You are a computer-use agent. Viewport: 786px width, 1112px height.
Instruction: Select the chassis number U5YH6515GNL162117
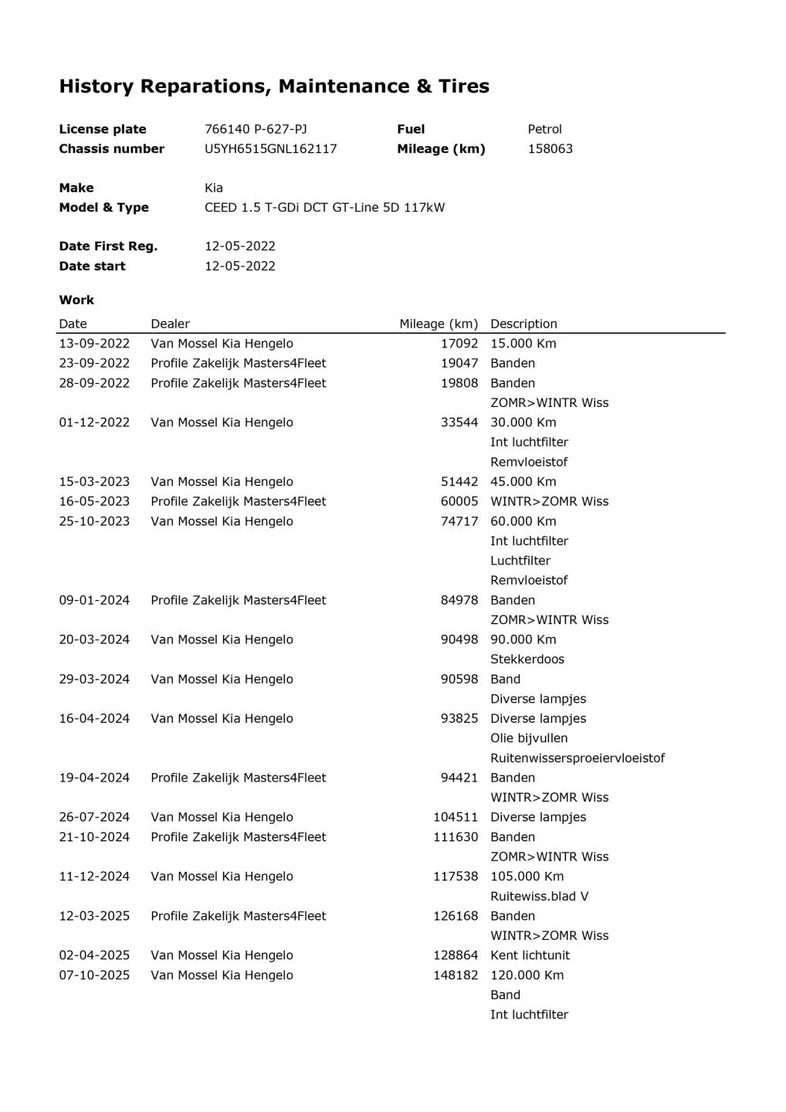[x=270, y=149]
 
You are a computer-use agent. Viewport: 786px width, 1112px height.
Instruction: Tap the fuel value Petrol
[x=544, y=129]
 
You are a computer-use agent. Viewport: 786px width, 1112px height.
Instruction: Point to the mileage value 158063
[x=550, y=149]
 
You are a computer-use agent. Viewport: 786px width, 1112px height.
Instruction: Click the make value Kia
[x=214, y=188]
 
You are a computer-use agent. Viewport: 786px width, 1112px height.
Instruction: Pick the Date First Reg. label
[x=108, y=246]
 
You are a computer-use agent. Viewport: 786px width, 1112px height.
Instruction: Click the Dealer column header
[x=170, y=324]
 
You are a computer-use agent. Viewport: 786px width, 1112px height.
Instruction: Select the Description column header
[x=523, y=324]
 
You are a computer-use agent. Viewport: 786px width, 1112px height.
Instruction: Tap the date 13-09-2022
[x=94, y=344]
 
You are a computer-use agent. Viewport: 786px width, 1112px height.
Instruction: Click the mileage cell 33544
[x=459, y=422]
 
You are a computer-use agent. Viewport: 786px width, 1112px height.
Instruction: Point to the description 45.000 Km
[x=523, y=482]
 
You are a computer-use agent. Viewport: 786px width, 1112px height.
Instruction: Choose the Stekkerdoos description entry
[x=527, y=659]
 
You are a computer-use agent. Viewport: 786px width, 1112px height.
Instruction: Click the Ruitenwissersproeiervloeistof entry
[x=577, y=758]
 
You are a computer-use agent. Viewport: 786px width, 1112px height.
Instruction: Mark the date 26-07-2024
[x=94, y=817]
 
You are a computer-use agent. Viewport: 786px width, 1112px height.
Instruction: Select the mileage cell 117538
[x=456, y=876]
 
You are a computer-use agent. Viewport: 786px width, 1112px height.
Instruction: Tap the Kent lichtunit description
[x=530, y=955]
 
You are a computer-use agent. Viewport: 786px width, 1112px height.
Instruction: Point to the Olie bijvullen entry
[x=528, y=738]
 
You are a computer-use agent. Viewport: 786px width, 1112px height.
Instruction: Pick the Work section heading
[x=76, y=300]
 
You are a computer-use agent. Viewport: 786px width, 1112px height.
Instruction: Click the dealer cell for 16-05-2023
[x=238, y=501]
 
